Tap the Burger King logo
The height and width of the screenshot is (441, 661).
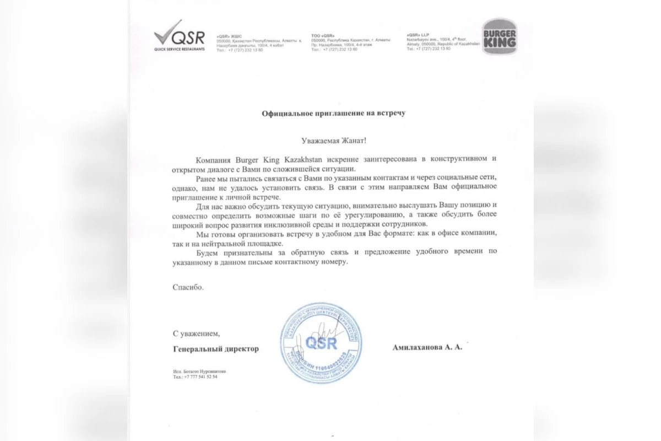pos(499,36)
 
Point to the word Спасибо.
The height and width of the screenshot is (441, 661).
pos(188,287)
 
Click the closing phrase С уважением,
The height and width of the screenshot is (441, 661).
pos(196,333)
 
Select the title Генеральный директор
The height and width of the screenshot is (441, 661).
pos(215,348)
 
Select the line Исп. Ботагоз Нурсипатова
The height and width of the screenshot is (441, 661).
pos(199,372)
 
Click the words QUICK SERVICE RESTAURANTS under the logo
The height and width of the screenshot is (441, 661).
pos(179,49)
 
